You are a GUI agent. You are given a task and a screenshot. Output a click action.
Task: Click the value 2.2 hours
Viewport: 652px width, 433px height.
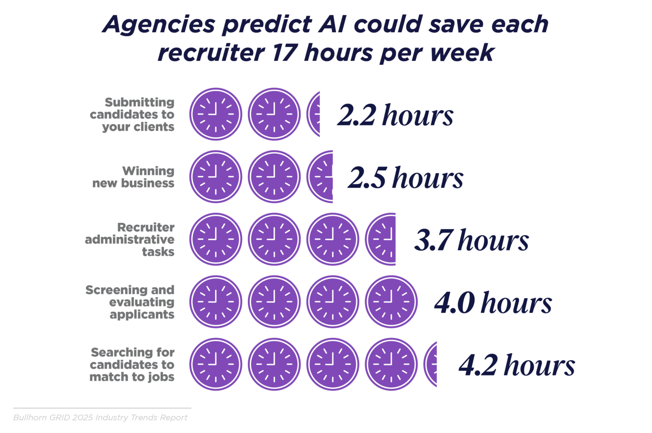point(395,115)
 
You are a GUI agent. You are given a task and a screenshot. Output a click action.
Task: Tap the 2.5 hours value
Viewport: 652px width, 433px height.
point(406,178)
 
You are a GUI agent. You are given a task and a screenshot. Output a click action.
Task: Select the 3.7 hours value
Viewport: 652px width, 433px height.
point(471,240)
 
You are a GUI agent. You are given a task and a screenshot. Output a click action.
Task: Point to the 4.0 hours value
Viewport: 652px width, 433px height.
point(493,303)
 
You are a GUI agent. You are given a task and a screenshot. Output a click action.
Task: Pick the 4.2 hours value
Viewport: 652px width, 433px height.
point(517,365)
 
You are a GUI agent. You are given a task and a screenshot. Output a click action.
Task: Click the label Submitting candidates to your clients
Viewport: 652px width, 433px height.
point(132,115)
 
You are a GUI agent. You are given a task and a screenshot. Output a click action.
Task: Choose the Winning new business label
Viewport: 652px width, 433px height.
point(134,177)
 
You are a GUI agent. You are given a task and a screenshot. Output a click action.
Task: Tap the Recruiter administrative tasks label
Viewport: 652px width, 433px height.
point(130,240)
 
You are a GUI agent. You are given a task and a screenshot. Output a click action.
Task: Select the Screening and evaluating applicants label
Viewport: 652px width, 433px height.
point(130,302)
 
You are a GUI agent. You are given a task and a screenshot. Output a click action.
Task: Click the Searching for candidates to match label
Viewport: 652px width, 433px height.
point(132,365)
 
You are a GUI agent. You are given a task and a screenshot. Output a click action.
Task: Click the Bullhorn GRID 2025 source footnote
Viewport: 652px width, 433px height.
point(100,418)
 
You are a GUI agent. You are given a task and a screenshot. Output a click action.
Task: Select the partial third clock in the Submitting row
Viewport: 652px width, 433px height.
point(314,114)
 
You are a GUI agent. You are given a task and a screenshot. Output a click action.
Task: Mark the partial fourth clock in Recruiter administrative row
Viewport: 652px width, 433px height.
point(382,239)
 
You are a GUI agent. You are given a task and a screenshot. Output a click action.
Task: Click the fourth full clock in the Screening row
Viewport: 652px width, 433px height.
point(391,302)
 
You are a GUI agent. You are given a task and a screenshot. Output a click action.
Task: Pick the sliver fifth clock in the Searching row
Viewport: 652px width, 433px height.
point(431,364)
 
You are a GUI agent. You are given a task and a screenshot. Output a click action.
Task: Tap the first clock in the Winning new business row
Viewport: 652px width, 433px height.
point(216,177)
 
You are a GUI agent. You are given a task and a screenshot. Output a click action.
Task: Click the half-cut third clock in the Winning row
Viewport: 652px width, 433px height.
point(321,177)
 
